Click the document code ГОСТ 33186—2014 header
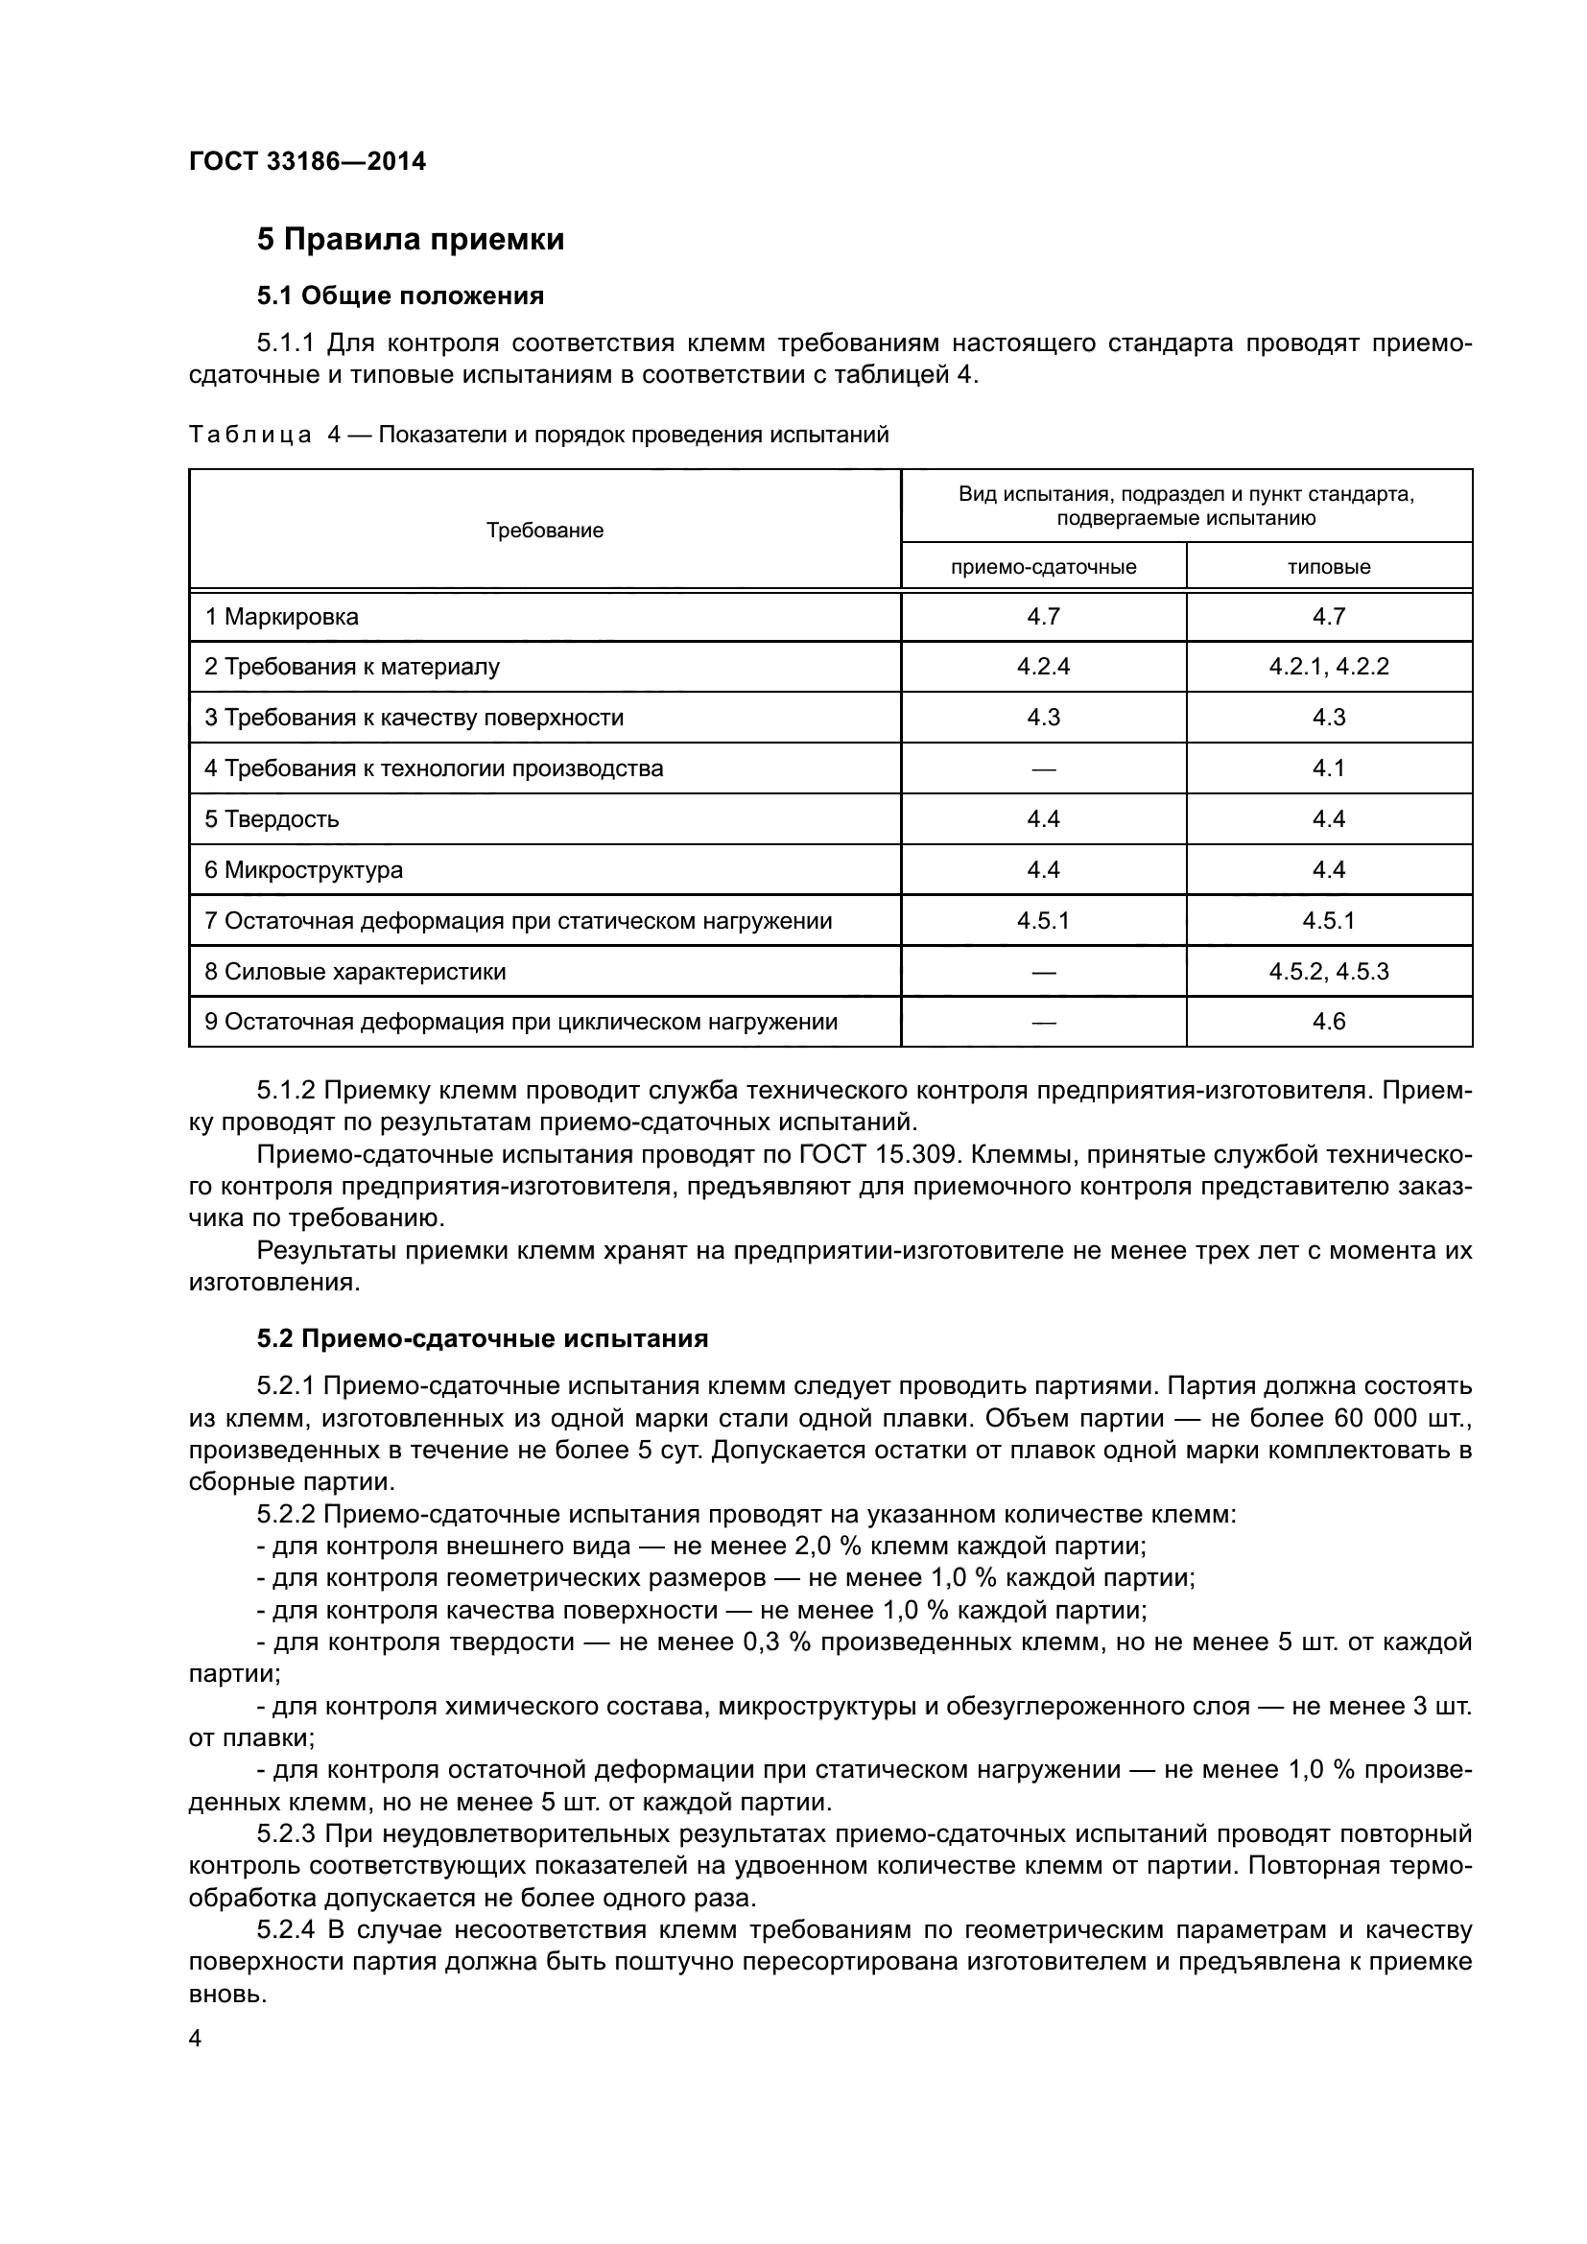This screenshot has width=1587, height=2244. [x=307, y=161]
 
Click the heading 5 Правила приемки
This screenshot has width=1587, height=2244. [x=411, y=240]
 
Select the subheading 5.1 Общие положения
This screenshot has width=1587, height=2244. [x=400, y=295]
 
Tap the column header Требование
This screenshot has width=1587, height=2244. [x=544, y=531]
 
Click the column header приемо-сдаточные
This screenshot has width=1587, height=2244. [x=1043, y=567]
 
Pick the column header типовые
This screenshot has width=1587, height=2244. [x=1328, y=567]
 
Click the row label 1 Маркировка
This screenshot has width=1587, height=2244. [x=281, y=617]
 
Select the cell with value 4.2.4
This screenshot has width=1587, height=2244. [x=1043, y=667]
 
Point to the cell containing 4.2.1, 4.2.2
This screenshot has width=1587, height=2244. [x=1328, y=667]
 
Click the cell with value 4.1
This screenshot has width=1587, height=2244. [x=1328, y=768]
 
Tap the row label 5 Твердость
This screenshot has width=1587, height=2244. [x=272, y=819]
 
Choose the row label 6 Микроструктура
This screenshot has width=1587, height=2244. [x=303, y=870]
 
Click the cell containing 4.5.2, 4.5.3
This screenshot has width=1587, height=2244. [x=1328, y=972]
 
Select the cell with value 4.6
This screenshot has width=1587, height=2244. [x=1328, y=1022]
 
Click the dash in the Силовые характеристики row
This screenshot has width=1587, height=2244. [x=1043, y=973]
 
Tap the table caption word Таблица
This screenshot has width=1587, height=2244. [x=250, y=435]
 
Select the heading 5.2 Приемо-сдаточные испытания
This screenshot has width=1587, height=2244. [x=482, y=1338]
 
